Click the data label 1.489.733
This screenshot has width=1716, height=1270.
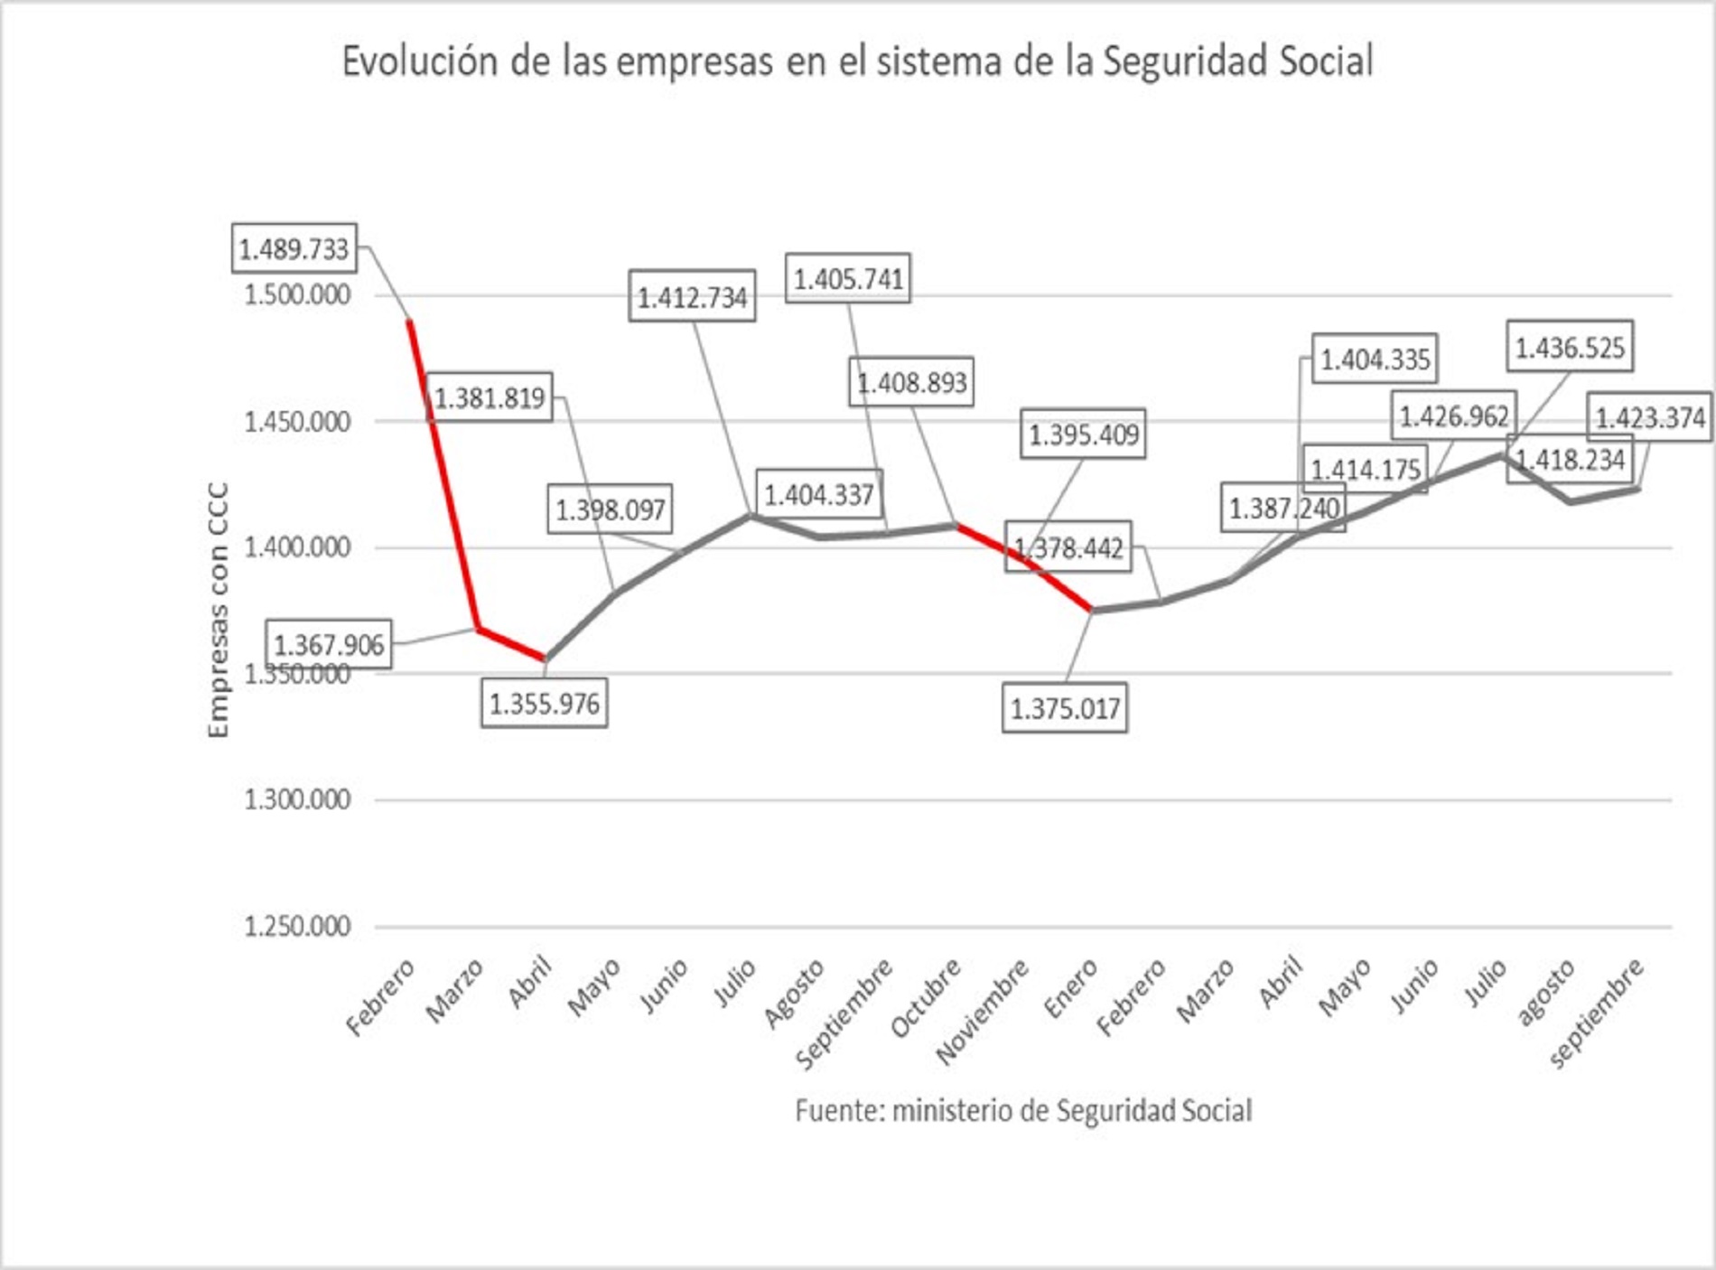click(294, 248)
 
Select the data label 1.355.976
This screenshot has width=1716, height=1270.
click(544, 704)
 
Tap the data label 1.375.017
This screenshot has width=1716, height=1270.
click(1065, 708)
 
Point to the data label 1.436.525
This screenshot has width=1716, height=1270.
click(1570, 347)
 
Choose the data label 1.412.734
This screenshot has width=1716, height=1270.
click(693, 297)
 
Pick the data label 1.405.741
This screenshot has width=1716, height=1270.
click(848, 278)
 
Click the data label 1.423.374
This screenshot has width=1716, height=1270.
click(1650, 418)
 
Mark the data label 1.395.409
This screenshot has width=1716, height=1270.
click(1084, 434)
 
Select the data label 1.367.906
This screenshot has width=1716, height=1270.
click(329, 645)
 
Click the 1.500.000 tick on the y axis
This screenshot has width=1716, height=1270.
click(297, 295)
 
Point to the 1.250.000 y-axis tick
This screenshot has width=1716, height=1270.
click(297, 926)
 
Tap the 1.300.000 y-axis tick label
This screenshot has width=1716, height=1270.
click(297, 799)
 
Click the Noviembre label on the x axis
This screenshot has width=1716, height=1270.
click(983, 1012)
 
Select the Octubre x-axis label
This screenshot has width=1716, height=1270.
click(925, 998)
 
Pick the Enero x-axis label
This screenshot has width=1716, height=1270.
click(1071, 988)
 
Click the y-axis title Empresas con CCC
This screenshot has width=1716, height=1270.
click(219, 611)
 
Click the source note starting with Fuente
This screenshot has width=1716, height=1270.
click(1022, 1110)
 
